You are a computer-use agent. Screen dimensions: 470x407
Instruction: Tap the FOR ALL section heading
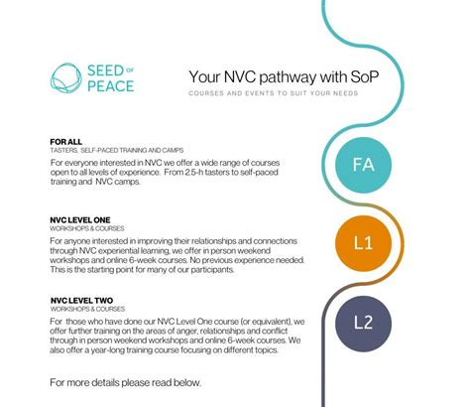click(65, 141)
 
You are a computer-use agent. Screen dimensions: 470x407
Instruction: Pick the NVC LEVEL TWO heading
click(80, 299)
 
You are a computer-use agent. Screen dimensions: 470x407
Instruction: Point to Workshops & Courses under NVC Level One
click(79, 228)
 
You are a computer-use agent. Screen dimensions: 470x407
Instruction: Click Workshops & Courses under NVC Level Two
click(80, 308)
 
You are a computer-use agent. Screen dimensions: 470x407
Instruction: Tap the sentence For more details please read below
click(119, 381)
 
